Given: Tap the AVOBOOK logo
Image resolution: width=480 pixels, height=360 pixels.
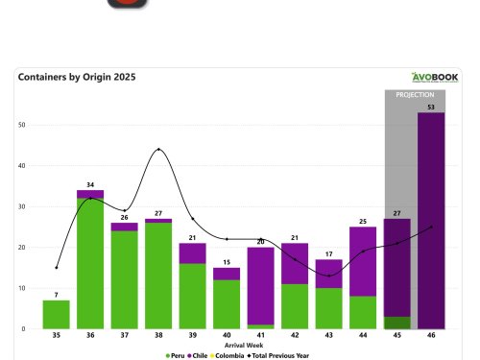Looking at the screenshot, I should (436, 78).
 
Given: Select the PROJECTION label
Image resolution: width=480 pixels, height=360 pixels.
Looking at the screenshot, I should (415, 96).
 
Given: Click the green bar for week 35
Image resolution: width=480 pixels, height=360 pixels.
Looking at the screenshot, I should (57, 315).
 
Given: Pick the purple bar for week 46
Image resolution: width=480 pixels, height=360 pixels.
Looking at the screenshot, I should (431, 221).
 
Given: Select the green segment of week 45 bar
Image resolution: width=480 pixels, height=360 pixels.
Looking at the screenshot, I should (397, 323).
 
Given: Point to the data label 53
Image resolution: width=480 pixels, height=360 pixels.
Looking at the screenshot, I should (431, 107).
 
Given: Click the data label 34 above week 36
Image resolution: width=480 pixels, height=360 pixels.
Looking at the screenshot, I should (90, 184).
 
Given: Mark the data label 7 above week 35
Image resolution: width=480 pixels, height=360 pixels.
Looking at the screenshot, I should (57, 294).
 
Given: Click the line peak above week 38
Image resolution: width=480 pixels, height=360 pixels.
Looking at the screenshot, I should (158, 149).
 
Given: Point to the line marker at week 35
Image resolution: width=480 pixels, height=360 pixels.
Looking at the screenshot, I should (57, 268).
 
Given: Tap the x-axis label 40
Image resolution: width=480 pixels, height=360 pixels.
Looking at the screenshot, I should (226, 336).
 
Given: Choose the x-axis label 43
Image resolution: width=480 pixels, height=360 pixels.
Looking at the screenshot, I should (329, 336).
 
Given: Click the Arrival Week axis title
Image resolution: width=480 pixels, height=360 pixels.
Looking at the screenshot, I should (242, 345).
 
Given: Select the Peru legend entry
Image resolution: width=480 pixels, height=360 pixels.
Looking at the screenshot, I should (175, 354).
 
